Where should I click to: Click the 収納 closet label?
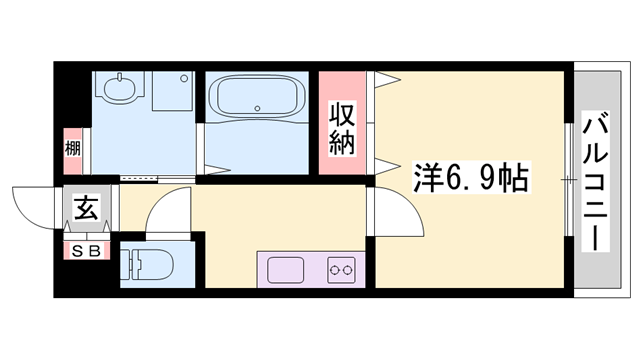coord(343,128)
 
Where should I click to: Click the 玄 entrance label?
coord(86,210)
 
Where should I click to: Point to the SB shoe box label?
coord(86,251)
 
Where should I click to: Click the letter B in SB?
coord(94,251)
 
